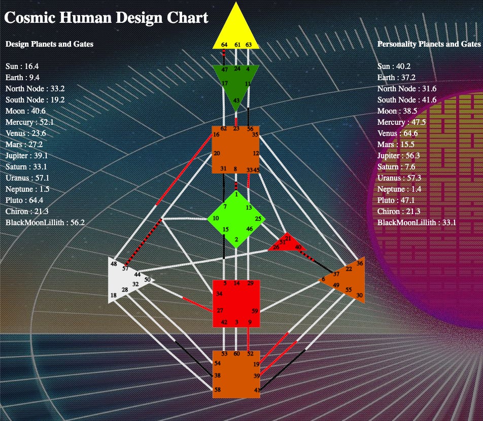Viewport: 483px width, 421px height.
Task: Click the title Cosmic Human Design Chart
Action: [x=106, y=18]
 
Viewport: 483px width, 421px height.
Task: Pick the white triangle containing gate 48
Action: [x=124, y=279]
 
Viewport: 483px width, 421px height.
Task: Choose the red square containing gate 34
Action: [x=236, y=303]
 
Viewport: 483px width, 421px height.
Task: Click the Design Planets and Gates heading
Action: [x=49, y=44]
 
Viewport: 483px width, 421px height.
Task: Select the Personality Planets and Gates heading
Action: [x=429, y=44]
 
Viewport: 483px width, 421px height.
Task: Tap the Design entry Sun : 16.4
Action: [x=22, y=66]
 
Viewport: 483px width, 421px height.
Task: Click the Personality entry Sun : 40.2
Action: [x=394, y=66]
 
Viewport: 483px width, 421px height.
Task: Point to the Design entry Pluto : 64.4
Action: [x=24, y=200]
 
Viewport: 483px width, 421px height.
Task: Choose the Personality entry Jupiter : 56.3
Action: [x=400, y=156]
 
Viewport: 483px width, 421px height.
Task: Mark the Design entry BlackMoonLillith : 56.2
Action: [x=45, y=223]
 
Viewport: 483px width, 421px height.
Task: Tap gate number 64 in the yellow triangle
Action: [x=224, y=45]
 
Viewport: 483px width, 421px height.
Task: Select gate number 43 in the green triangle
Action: [x=236, y=101]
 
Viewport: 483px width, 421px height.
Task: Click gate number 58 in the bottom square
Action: [x=218, y=390]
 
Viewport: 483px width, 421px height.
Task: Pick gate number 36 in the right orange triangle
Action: [x=360, y=262]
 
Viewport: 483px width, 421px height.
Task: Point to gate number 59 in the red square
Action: [x=255, y=311]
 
